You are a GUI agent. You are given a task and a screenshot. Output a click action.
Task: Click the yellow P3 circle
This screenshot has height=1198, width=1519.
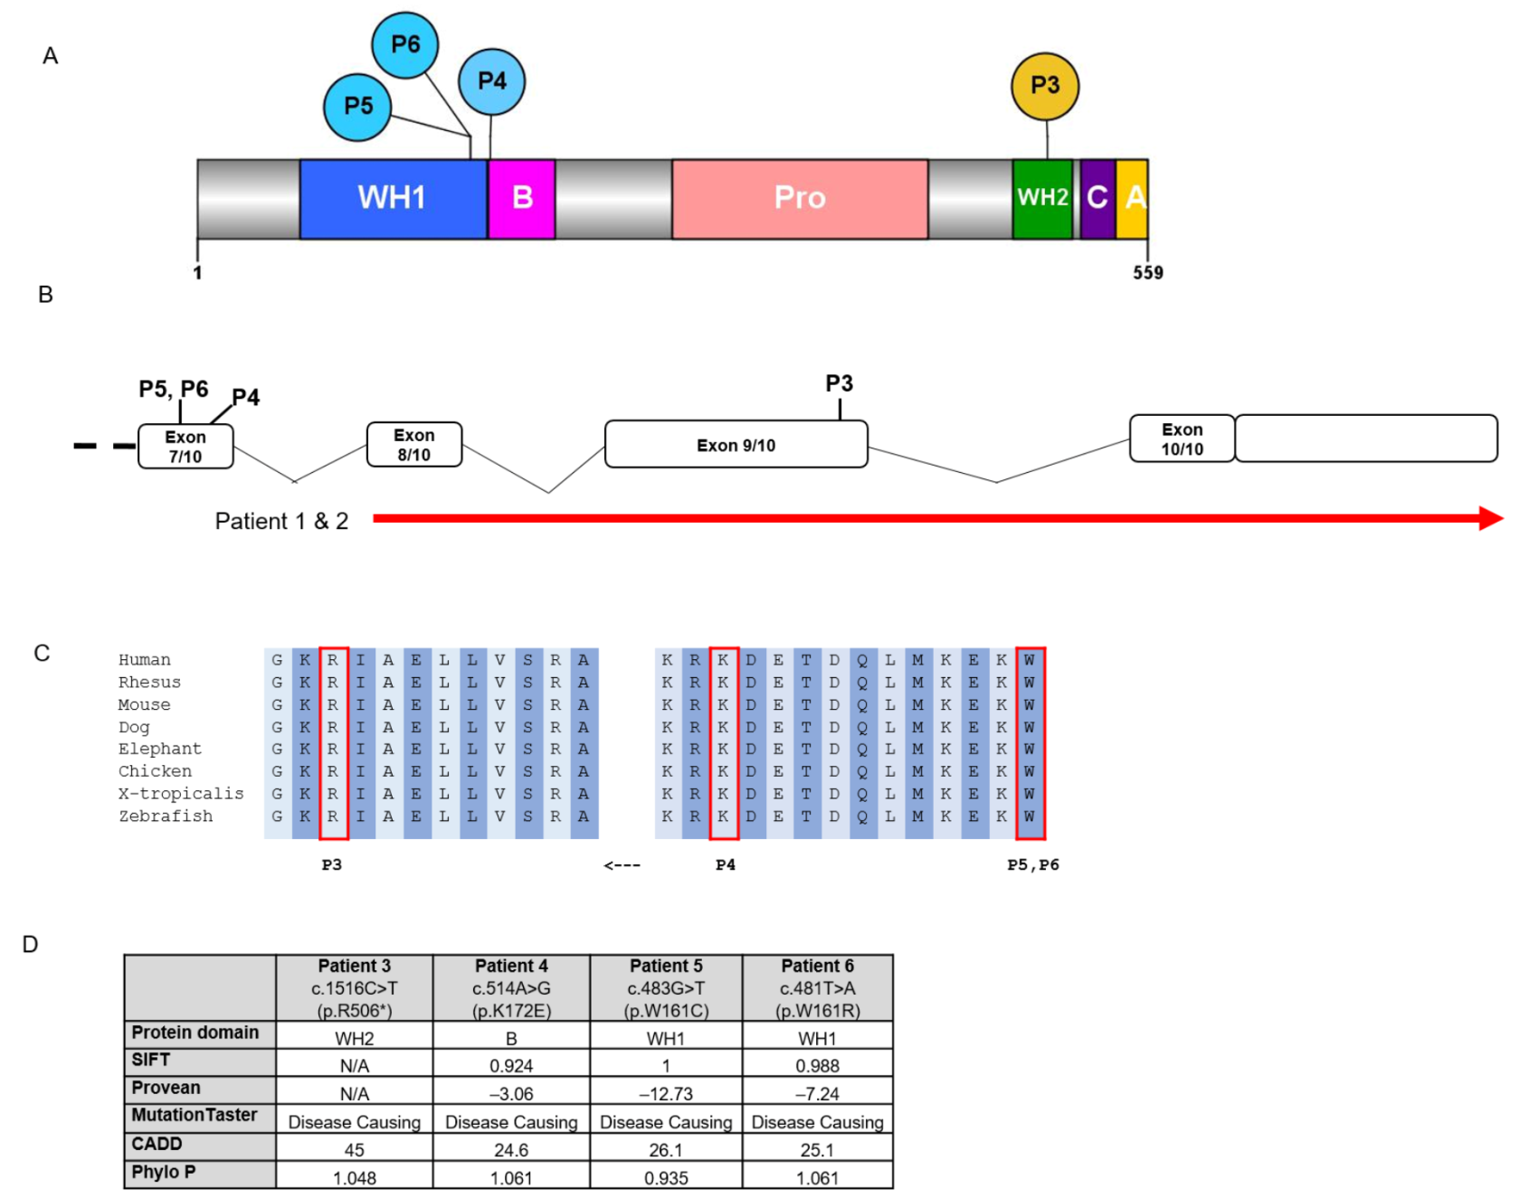pyautogui.click(x=1044, y=86)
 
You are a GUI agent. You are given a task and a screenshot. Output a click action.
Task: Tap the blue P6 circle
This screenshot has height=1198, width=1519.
pyautogui.click(x=404, y=44)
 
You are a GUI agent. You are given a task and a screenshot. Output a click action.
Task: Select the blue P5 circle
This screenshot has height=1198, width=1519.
pyautogui.click(x=357, y=107)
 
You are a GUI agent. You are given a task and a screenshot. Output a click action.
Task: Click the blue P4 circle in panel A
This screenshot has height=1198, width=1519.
pyautogui.click(x=491, y=81)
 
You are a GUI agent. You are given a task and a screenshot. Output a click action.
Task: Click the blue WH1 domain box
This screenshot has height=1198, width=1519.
pyautogui.click(x=393, y=198)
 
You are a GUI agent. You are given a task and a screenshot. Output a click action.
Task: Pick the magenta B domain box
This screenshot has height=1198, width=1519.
pyautogui.click(x=522, y=198)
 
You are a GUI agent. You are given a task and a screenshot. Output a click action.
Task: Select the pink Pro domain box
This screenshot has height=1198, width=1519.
pyautogui.click(x=800, y=198)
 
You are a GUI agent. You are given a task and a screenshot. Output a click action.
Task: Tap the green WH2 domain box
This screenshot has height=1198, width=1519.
pyautogui.click(x=1042, y=198)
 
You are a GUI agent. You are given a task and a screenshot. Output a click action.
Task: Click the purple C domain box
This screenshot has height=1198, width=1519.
pyautogui.click(x=1097, y=198)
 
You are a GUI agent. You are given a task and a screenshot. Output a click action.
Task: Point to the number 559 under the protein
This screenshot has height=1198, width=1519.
pyautogui.click(x=1147, y=273)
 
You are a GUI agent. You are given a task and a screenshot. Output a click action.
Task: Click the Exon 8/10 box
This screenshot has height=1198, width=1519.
pyautogui.click(x=414, y=445)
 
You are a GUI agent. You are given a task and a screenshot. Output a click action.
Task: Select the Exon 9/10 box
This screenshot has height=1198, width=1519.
pyautogui.click(x=736, y=445)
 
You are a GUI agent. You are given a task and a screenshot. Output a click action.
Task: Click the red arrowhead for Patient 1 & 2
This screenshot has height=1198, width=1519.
pyautogui.click(x=1490, y=518)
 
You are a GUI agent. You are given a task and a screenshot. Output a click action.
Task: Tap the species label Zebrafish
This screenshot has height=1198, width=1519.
pyautogui.click(x=166, y=816)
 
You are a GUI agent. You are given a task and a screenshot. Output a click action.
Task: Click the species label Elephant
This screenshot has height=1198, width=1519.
pyautogui.click(x=160, y=749)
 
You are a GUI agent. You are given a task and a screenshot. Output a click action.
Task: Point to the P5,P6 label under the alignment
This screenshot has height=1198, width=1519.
pyautogui.click(x=1032, y=865)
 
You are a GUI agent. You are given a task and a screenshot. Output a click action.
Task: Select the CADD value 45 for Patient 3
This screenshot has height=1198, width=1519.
pyautogui.click(x=354, y=1150)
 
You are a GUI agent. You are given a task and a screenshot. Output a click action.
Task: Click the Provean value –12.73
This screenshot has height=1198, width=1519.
pyautogui.click(x=665, y=1094)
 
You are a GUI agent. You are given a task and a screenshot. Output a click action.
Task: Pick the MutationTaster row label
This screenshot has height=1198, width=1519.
pyautogui.click(x=195, y=1116)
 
